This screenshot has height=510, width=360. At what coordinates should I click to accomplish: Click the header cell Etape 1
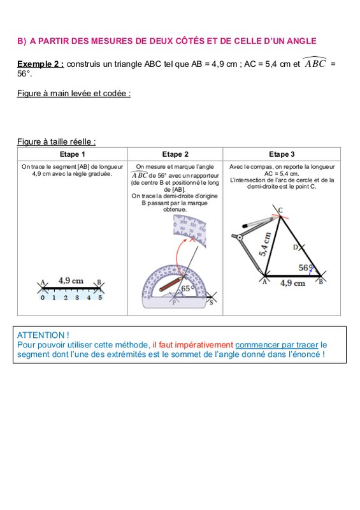pos(72,154)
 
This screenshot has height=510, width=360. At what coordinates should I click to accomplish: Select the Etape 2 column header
pos(175,154)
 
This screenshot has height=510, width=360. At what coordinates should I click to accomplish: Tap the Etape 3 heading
pos(282,154)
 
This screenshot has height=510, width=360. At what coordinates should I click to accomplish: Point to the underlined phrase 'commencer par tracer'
pos(277,345)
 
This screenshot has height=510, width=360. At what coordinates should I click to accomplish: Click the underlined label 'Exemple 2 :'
pos(41,64)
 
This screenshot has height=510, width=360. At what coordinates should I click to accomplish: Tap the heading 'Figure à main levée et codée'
pos(74,93)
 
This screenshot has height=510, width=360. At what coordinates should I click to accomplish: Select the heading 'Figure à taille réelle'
pos(56,142)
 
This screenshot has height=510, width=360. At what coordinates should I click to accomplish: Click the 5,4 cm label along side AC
pos(265,244)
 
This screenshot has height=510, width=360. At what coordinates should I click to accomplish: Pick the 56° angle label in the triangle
pos(305,268)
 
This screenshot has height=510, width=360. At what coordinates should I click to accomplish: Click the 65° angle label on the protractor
pos(187,288)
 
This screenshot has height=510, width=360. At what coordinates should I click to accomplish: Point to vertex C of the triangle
pos(280,215)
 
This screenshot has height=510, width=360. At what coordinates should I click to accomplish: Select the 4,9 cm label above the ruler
pos(71,280)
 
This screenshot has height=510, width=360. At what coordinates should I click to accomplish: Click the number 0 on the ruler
pos(43,297)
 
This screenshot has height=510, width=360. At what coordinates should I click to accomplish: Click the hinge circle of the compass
pos(240,237)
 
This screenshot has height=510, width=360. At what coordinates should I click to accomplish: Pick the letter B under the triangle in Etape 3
pos(320,282)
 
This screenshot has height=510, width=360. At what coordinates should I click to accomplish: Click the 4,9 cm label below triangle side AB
pos(292,283)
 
